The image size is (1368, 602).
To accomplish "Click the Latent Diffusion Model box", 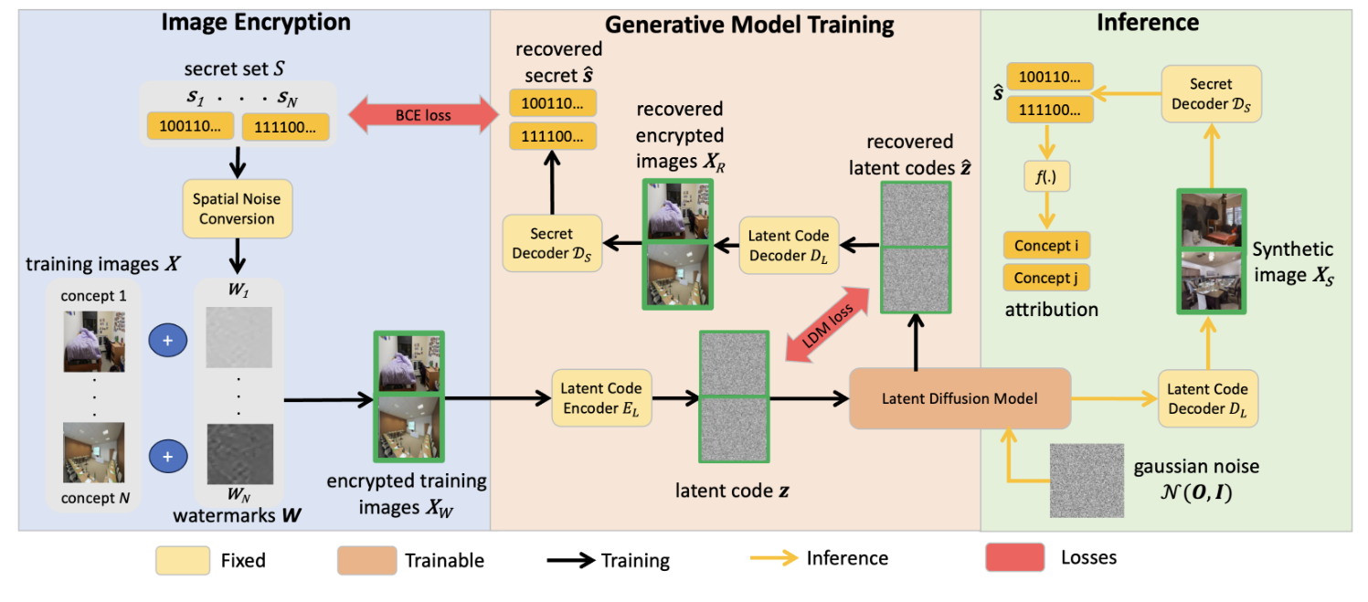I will click(960, 397).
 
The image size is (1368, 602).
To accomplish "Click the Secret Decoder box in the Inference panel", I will click(1211, 94).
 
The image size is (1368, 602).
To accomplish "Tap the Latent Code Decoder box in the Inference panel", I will click(1207, 398).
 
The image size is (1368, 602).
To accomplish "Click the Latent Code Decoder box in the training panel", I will click(789, 244).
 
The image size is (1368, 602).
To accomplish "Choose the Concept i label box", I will click(1046, 246).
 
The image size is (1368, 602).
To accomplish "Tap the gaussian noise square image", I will click(1087, 481).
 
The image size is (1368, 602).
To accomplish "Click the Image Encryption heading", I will click(255, 23).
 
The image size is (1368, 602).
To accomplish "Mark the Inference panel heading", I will click(1148, 23).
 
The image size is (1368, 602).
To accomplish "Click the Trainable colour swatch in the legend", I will click(366, 559).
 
